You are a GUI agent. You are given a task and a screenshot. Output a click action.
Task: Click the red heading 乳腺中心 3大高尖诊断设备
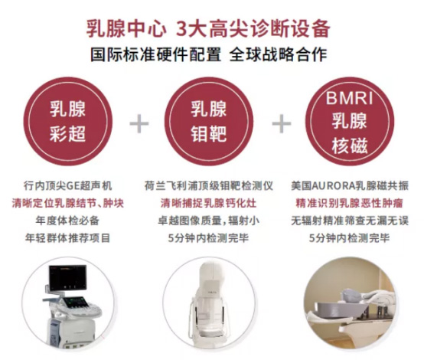(208, 28)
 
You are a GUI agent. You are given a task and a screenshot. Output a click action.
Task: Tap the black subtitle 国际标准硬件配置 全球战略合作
(208, 54)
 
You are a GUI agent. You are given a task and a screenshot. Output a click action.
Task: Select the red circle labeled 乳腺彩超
(67, 121)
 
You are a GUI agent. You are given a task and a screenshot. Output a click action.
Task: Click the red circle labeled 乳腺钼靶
(209, 121)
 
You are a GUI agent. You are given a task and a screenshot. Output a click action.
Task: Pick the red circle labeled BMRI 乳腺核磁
(350, 121)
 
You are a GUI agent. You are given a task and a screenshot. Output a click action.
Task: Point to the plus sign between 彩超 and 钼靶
(139, 123)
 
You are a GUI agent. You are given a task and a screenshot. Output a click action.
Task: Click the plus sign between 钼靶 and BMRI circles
(282, 123)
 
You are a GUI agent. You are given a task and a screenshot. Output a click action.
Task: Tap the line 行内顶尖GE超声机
(67, 186)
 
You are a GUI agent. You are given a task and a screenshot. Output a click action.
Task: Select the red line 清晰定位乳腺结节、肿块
(67, 203)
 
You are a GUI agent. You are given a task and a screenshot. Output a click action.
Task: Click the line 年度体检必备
(67, 221)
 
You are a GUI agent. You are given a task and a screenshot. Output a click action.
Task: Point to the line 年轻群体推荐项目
(67, 238)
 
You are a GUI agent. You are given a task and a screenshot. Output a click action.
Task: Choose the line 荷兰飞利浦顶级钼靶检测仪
(209, 186)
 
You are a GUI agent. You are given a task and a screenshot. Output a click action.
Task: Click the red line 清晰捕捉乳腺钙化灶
(209, 203)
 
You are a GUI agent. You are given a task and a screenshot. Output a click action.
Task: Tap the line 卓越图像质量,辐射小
(209, 221)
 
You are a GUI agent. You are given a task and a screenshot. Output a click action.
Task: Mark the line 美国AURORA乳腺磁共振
(350, 186)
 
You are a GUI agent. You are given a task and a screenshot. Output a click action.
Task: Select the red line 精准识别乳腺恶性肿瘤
(350, 203)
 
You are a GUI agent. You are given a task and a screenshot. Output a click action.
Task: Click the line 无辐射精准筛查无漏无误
(350, 221)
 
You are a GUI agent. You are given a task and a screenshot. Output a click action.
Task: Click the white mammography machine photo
(208, 304)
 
